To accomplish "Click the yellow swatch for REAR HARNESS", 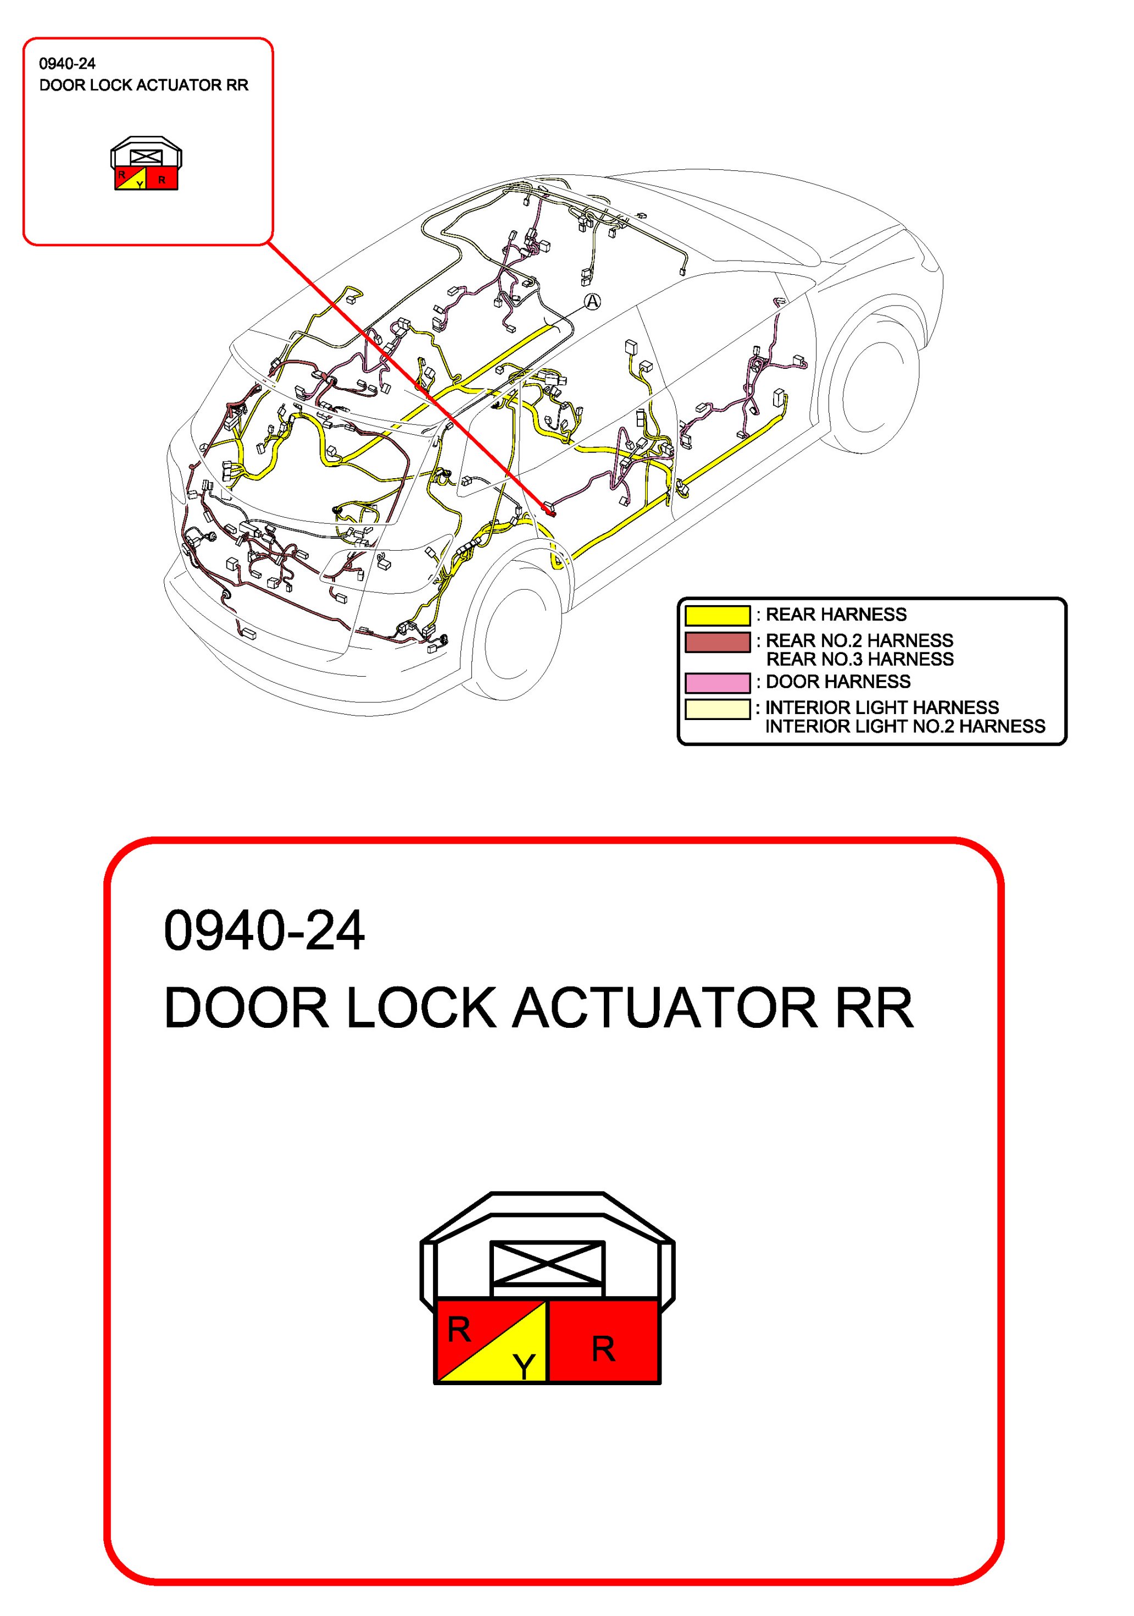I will point(717,615).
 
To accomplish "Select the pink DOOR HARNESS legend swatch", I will point(717,683).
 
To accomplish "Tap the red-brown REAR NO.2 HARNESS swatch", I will point(717,642).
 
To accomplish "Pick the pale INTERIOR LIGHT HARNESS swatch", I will point(717,709).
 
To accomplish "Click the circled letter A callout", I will point(593,302).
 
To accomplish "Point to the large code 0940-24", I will point(264,931).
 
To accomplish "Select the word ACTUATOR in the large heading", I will point(664,1009).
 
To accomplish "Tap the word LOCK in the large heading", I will point(421,1009).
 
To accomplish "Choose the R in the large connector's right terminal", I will point(603,1348).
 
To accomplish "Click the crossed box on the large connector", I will point(547,1263).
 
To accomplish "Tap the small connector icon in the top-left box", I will point(146,164).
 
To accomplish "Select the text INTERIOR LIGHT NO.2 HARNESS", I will point(905,726).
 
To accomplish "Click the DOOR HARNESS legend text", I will point(837,682).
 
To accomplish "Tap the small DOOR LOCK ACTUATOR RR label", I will point(143,85).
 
